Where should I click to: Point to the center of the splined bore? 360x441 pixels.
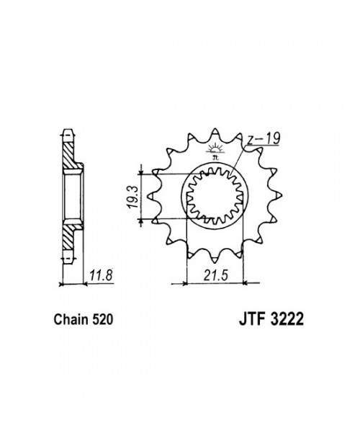click(x=215, y=195)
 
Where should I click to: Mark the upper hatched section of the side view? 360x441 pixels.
click(x=69, y=155)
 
